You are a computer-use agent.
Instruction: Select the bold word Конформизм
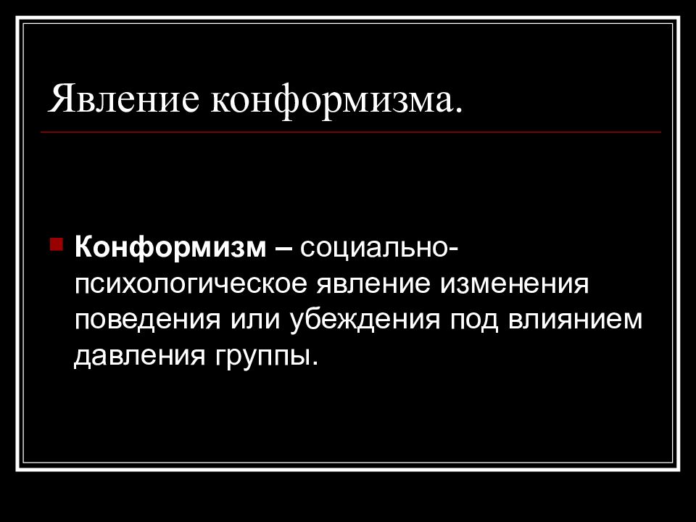170,248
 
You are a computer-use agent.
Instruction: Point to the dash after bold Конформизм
284,249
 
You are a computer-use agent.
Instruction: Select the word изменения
512,284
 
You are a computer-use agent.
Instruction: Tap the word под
473,320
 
